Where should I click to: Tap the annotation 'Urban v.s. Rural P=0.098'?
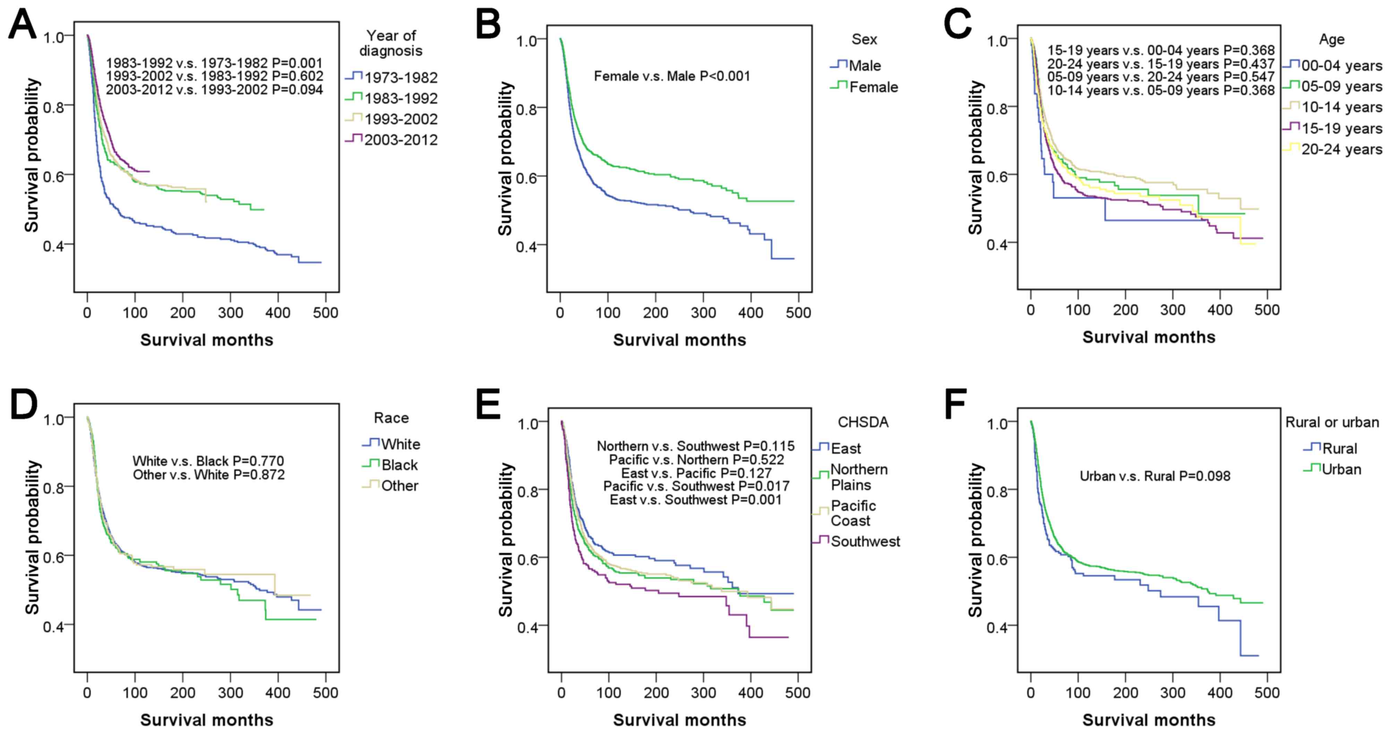pos(1154,476)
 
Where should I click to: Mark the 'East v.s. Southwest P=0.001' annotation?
pos(695,499)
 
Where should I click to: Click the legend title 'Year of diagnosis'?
pos(391,43)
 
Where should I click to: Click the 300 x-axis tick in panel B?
pos(703,313)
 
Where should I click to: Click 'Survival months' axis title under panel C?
pos(1148,338)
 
